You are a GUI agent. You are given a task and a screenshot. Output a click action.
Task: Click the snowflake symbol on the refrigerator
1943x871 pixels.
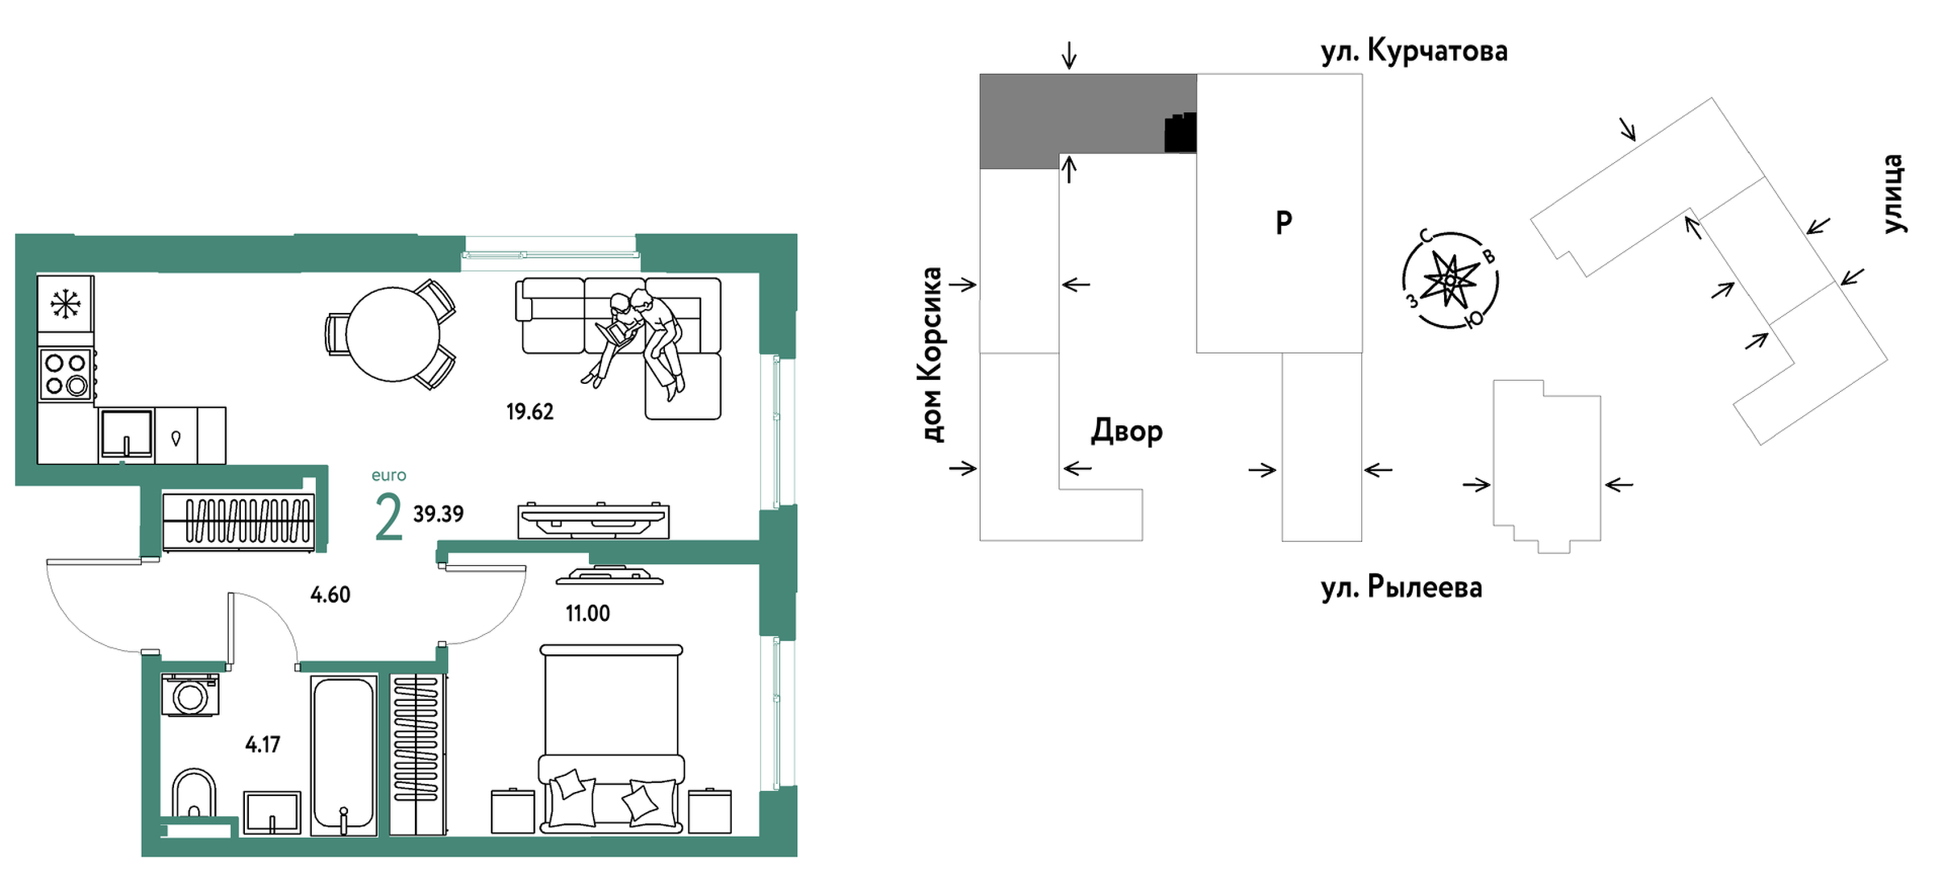(x=65, y=304)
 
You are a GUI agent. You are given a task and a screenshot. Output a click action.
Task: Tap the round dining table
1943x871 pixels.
(x=392, y=334)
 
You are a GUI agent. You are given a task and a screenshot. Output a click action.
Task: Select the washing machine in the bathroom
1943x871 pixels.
(x=190, y=694)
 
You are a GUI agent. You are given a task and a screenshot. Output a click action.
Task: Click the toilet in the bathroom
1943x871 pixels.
(x=194, y=794)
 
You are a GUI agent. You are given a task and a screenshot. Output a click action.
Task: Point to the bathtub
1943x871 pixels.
(x=343, y=755)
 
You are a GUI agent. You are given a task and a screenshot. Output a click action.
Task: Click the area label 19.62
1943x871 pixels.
(x=529, y=412)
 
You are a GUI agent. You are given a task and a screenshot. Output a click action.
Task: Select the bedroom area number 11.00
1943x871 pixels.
(x=587, y=614)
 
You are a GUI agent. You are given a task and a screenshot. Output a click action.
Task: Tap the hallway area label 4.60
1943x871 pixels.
(x=330, y=595)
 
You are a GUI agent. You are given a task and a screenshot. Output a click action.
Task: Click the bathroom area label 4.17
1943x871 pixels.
(x=263, y=744)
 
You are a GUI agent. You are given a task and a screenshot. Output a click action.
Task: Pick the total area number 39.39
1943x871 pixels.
(x=438, y=515)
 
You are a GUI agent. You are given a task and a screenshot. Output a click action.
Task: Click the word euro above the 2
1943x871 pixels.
(x=388, y=476)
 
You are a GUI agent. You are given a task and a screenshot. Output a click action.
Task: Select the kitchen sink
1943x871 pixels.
(x=127, y=435)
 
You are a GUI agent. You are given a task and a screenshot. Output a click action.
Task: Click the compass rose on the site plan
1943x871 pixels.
(x=1450, y=280)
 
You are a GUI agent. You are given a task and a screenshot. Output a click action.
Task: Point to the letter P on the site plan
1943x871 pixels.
(x=1284, y=222)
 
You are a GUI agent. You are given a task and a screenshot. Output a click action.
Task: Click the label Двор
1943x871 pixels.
(x=1126, y=431)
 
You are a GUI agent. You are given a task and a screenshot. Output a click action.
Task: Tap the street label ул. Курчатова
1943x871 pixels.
(x=1414, y=52)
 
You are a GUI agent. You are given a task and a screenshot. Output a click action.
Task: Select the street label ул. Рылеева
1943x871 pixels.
(x=1401, y=587)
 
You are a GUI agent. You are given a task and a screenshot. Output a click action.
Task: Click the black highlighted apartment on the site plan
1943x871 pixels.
(x=1181, y=133)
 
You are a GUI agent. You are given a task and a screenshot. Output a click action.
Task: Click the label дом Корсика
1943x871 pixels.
(x=932, y=355)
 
